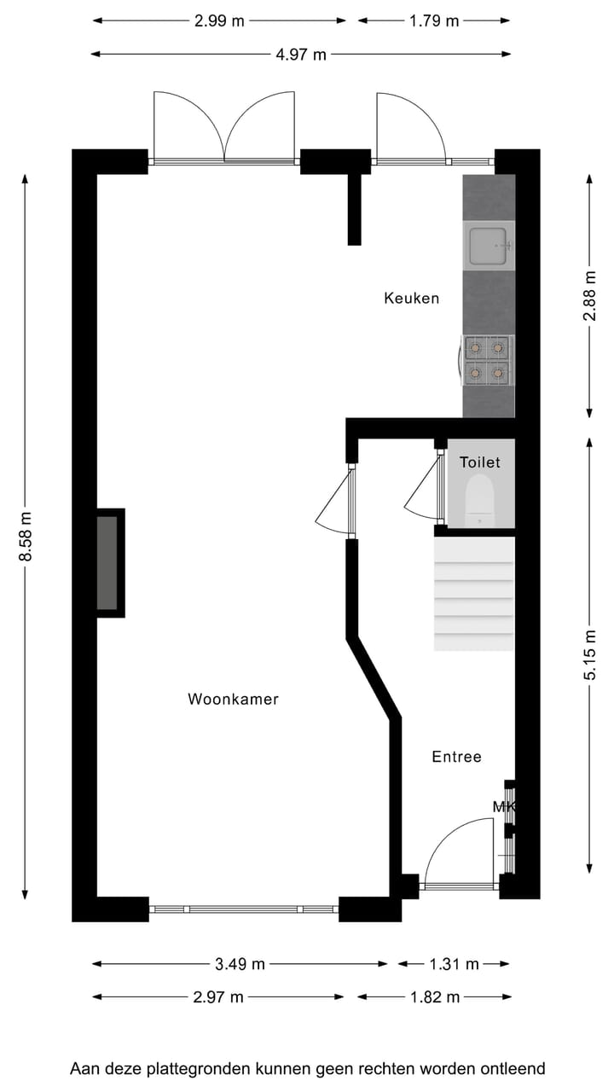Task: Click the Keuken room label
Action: pos(411,299)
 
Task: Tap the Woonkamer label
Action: pos(233,700)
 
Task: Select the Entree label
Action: pos(456,757)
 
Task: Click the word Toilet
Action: pos(480,462)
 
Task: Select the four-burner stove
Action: pos(488,360)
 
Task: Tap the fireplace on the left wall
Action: pos(108,563)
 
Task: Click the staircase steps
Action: pos(474,594)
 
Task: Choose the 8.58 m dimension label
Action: pos(26,536)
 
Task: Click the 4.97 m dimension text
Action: pos(301,55)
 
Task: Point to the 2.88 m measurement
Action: pos(589,295)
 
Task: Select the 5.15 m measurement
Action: pos(589,654)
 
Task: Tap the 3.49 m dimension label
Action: pos(240,964)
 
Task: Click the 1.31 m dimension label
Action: pos(453,964)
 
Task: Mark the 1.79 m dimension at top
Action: pos(434,21)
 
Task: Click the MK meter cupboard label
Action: pos(503,806)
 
